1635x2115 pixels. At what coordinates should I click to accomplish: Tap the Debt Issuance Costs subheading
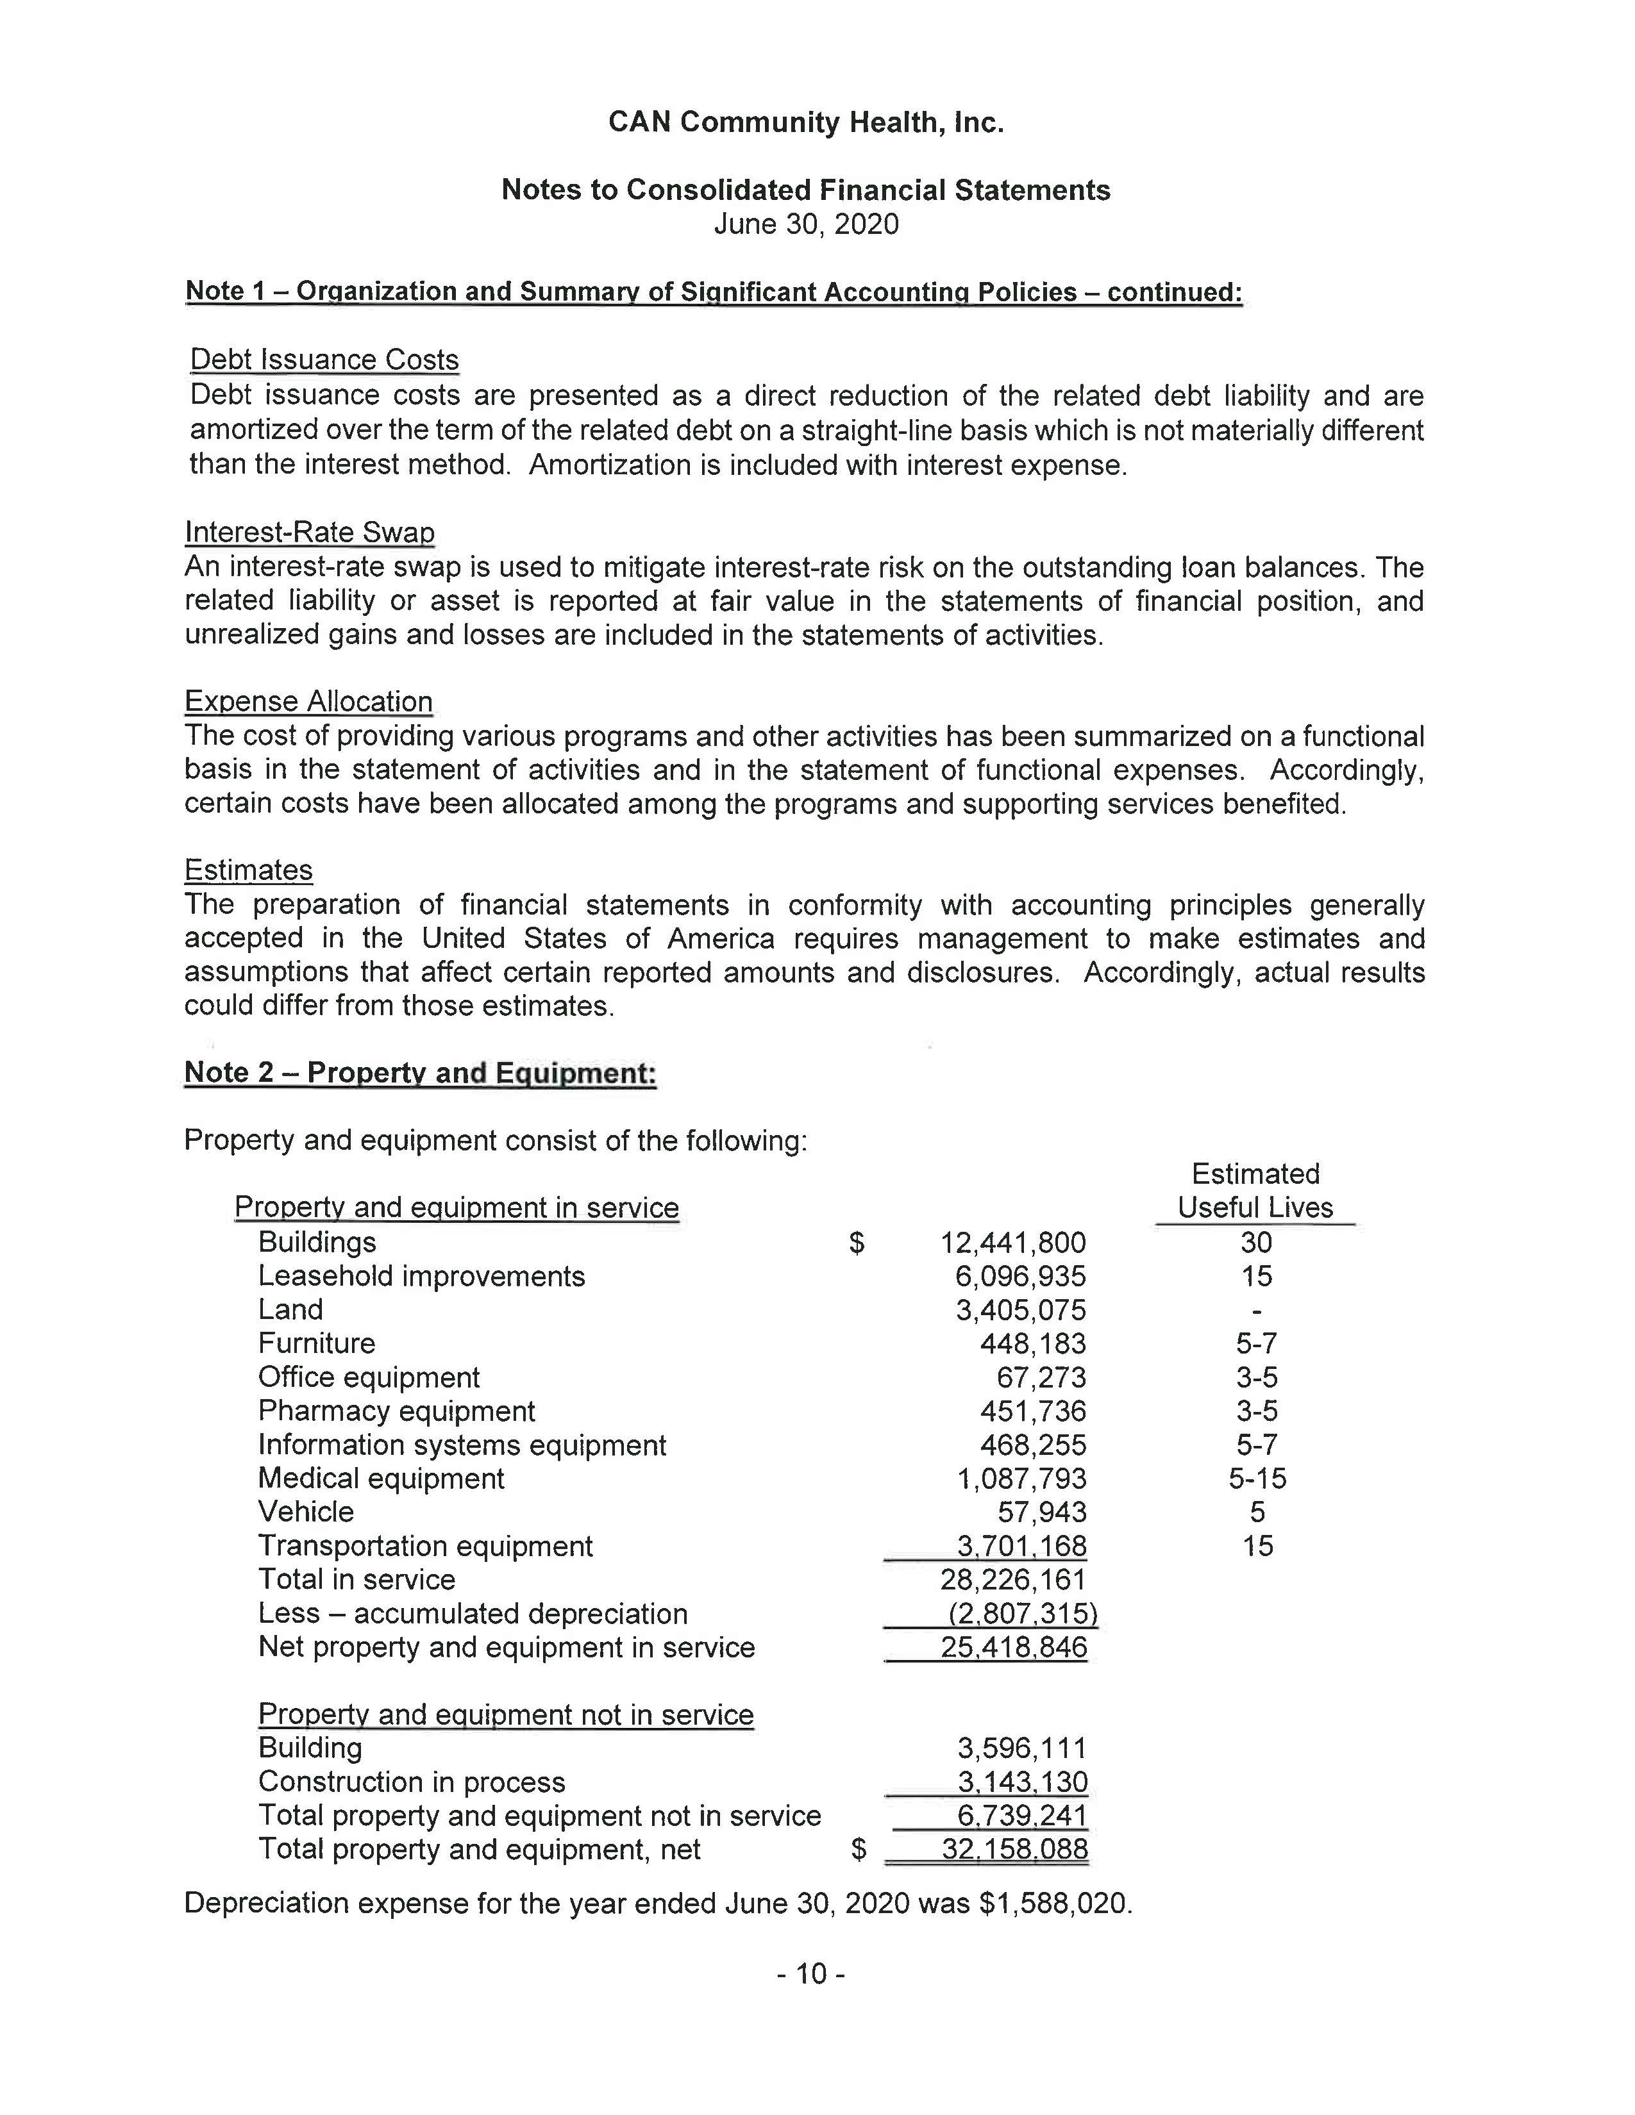pyautogui.click(x=324, y=360)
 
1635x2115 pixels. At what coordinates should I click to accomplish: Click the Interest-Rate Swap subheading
pyautogui.click(x=309, y=532)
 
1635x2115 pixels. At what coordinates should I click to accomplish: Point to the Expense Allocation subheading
pyautogui.click(x=308, y=701)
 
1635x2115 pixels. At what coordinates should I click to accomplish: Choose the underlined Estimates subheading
pyautogui.click(x=248, y=870)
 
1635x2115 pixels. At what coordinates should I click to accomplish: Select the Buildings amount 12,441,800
pyautogui.click(x=1012, y=1243)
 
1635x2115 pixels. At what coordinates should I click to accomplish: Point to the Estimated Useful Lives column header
pyautogui.click(x=1255, y=1191)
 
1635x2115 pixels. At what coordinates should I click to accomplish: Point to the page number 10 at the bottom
pyautogui.click(x=810, y=1973)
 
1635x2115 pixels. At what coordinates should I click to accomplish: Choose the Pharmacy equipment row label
pyautogui.click(x=396, y=1411)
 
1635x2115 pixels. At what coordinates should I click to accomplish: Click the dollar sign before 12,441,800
pyautogui.click(x=856, y=1243)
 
